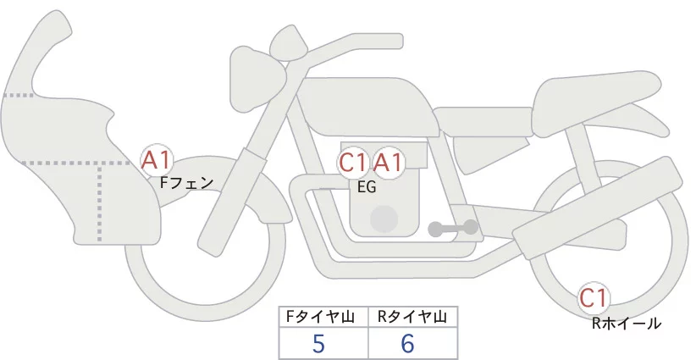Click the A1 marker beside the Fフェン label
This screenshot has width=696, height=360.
coord(157,158)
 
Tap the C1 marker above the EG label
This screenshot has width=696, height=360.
coord(353,162)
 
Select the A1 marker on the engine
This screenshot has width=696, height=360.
coord(389,162)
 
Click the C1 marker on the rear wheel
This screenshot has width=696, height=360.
coord(594,297)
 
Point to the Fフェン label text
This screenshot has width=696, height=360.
coord(187,181)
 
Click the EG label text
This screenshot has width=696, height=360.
coord(367,187)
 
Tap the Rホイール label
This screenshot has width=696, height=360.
coord(627,323)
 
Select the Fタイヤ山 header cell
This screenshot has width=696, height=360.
coord(324,317)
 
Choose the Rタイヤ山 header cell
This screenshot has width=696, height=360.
coord(412,317)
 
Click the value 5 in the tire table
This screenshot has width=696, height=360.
coord(318,344)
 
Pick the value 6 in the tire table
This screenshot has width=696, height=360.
coord(408,344)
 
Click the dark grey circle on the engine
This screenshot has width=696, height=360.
coord(384,219)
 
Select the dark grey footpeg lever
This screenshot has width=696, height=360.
coord(452,228)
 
